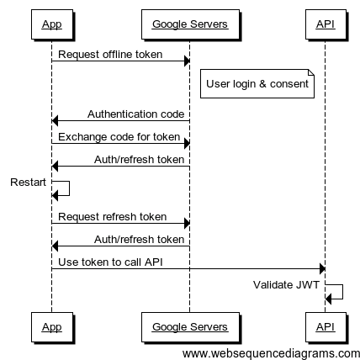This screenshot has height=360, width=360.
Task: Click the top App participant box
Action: [52, 24]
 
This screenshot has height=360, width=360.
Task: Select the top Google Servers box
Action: [190, 24]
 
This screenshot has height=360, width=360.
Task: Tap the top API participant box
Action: [326, 24]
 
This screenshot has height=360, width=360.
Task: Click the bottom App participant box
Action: [52, 327]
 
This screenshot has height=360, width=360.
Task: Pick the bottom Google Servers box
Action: [190, 327]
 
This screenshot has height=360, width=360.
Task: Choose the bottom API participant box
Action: [326, 327]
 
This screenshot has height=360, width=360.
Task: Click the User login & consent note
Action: [257, 84]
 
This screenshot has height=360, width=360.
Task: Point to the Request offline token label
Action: [110, 55]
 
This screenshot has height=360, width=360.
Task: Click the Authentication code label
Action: [136, 114]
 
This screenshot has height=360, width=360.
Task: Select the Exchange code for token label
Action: [119, 137]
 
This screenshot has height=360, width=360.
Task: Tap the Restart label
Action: [28, 183]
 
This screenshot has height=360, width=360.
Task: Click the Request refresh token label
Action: [113, 217]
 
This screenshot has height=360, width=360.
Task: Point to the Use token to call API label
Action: [110, 262]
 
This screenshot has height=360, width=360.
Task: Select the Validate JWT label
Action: [286, 285]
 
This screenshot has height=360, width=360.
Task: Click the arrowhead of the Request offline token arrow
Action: [187, 61]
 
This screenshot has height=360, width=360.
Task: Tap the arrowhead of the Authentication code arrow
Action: [55, 121]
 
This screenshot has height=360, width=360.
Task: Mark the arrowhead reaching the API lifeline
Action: [322, 269]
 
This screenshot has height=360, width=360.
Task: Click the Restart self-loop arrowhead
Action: [55, 195]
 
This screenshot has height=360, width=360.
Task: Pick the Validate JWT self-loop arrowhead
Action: [328, 299]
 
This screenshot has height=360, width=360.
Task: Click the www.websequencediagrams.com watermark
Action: [271, 354]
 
